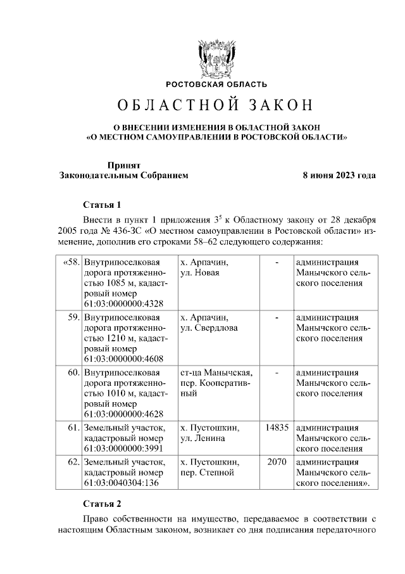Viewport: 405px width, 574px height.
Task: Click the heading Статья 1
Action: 102,205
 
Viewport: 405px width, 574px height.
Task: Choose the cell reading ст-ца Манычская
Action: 216,372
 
